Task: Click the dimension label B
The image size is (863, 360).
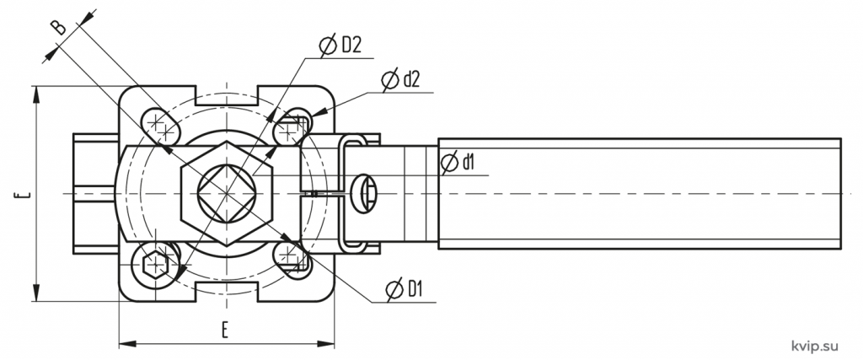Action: pos(59,27)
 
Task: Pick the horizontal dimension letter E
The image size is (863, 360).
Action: pos(225,330)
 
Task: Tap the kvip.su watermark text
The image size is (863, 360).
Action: pos(815,346)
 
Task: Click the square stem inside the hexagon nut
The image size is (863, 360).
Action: pos(226,193)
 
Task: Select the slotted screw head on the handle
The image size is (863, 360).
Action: pos(366,193)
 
